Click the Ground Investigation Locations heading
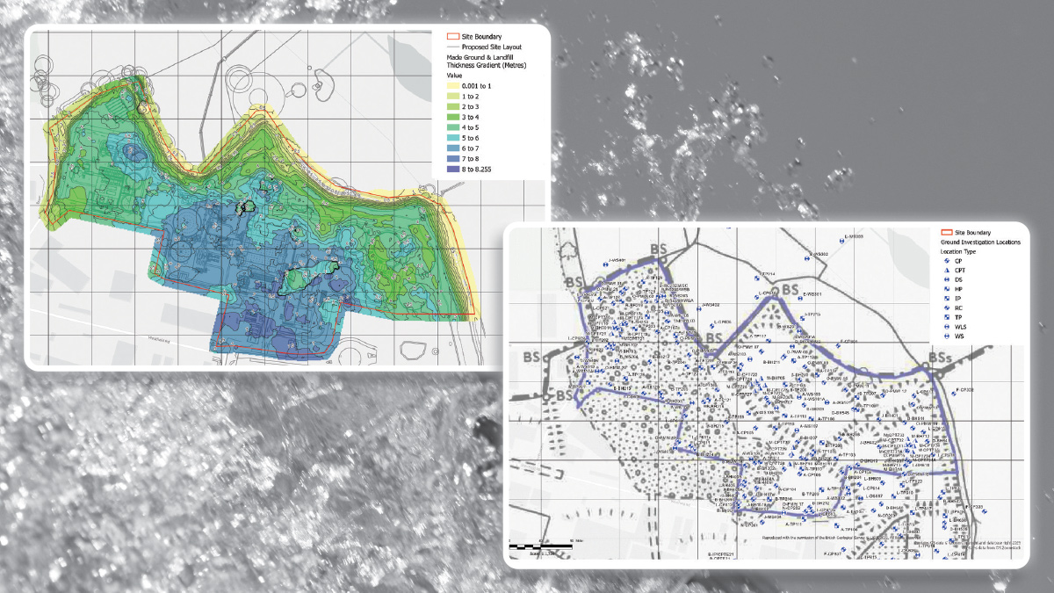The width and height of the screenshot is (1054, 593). (x=976, y=242)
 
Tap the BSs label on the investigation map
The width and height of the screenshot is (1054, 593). (x=939, y=358)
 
